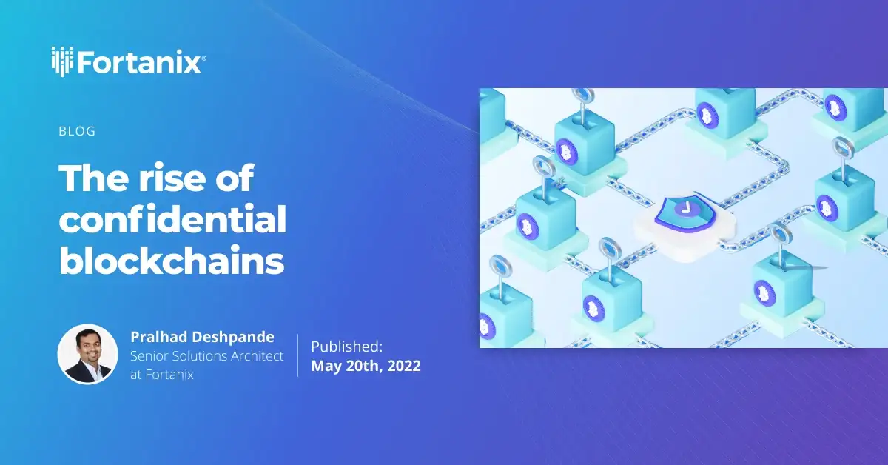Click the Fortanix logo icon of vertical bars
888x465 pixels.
[62, 60]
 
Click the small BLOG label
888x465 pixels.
[77, 132]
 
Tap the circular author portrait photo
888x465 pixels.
[88, 354]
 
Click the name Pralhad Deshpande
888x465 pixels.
[202, 337]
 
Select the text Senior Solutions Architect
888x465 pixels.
[206, 356]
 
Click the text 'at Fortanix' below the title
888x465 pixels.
[162, 375]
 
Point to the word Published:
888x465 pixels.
[346, 346]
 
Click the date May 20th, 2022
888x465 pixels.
[366, 366]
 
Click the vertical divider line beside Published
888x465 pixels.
[298, 355]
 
